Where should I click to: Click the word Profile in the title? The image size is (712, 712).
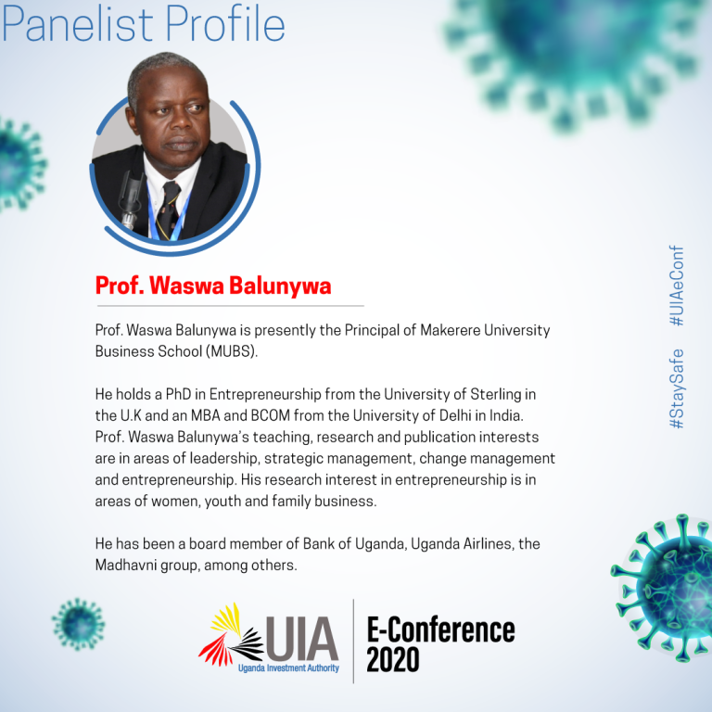click(x=225, y=23)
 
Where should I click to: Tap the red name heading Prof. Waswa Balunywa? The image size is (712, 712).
click(x=213, y=286)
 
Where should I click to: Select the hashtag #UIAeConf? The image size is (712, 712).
click(x=676, y=286)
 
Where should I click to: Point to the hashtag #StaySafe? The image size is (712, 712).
click(x=676, y=388)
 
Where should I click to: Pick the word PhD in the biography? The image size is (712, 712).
click(x=178, y=394)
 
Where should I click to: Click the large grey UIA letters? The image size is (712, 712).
click(x=302, y=639)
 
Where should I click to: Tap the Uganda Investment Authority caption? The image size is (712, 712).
click(x=288, y=667)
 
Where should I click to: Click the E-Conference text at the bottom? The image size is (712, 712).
click(x=440, y=629)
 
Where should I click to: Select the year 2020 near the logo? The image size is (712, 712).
click(x=393, y=659)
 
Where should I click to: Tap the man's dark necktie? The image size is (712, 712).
click(x=169, y=210)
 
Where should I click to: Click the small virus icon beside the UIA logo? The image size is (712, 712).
click(x=79, y=624)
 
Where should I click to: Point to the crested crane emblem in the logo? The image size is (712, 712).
click(x=231, y=635)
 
